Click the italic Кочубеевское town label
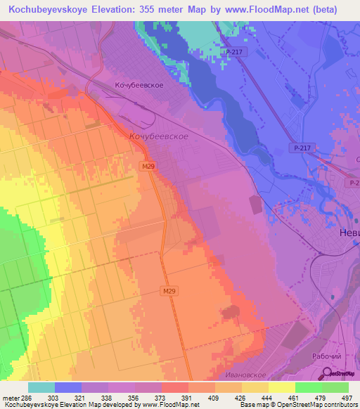click(158, 136)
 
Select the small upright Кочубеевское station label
click(139, 84)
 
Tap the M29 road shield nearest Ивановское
click(168, 291)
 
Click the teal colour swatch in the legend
click(41, 387)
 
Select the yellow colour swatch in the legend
click(281, 387)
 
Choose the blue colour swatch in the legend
click(68, 387)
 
